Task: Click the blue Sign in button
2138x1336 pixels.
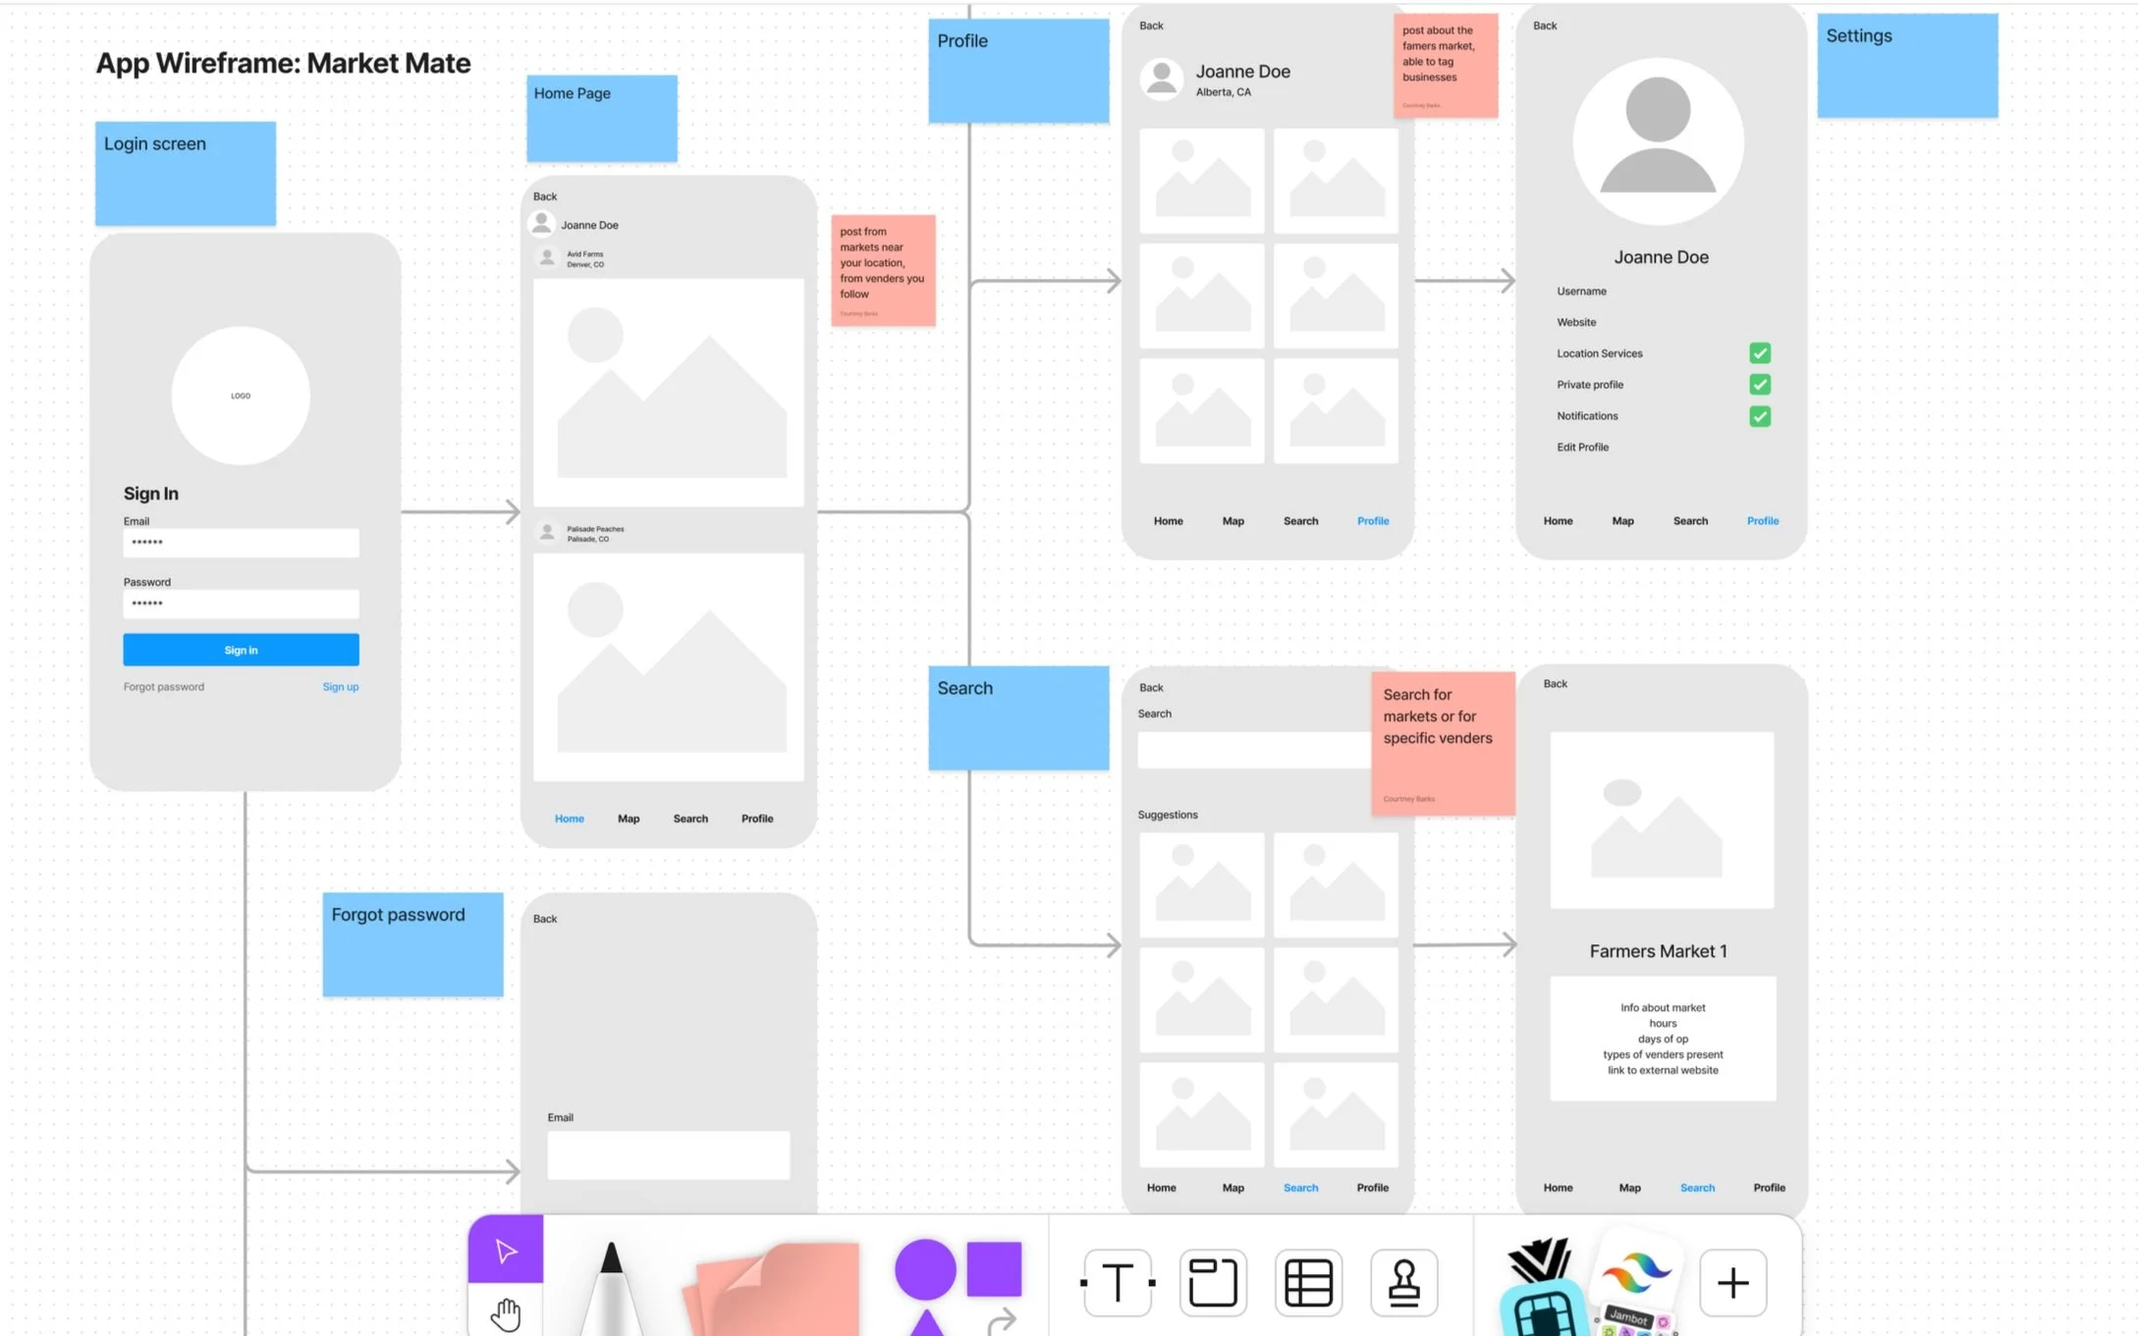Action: [241, 650]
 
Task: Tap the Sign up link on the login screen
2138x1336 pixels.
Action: [340, 687]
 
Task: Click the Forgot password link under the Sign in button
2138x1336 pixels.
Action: [164, 687]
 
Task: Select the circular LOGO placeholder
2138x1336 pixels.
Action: [241, 396]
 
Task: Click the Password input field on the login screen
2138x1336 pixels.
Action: [241, 604]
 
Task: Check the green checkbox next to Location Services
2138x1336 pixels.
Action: [1759, 353]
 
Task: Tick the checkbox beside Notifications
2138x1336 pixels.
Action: [1759, 416]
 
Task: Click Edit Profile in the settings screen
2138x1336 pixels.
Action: [1582, 448]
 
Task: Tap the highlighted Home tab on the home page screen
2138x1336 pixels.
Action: [569, 819]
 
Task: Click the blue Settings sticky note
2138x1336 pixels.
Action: [1906, 66]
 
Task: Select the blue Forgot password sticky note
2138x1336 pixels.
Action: [412, 944]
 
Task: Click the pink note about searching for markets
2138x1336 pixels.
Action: [1442, 743]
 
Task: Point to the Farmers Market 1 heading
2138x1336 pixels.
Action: [1658, 951]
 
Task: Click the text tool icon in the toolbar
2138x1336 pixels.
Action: [1118, 1282]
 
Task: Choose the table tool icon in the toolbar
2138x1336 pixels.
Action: [1308, 1282]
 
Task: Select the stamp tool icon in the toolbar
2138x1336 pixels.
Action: [1403, 1282]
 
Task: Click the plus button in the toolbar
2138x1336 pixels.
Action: [1732, 1282]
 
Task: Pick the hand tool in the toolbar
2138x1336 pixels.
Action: [506, 1312]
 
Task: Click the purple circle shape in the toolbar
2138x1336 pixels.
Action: [924, 1268]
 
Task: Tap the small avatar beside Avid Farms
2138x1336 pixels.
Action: [547, 258]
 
